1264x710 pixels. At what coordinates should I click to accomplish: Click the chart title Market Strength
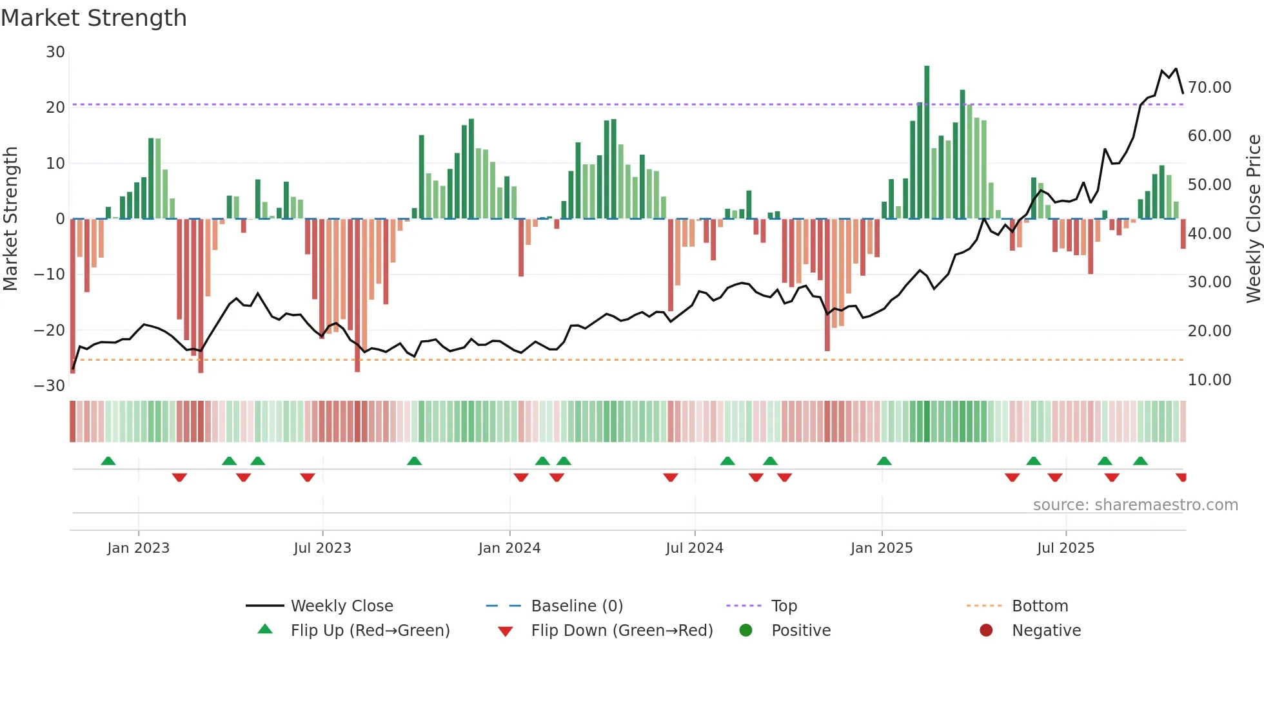click(x=94, y=18)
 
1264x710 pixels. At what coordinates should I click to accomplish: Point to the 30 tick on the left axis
click(x=55, y=52)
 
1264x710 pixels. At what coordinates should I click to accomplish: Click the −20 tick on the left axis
click(x=50, y=331)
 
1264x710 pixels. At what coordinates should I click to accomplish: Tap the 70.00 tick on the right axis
click(x=1209, y=87)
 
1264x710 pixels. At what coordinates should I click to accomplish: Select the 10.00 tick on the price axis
click(x=1209, y=379)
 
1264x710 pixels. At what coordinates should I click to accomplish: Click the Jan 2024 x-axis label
click(x=509, y=548)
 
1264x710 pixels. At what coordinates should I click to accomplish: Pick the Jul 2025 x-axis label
click(x=1065, y=548)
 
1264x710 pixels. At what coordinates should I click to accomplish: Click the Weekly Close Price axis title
click(x=1253, y=218)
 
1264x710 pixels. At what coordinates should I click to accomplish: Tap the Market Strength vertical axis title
click(x=10, y=218)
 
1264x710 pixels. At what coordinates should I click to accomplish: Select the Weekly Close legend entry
click(x=341, y=606)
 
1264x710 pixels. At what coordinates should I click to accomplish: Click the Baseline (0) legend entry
click(x=577, y=606)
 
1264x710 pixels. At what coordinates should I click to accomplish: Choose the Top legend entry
click(x=784, y=606)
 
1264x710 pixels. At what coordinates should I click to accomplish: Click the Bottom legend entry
click(x=1040, y=606)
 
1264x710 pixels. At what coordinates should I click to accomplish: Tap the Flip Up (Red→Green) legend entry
click(x=370, y=631)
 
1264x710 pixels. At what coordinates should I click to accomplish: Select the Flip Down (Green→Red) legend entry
click(x=622, y=631)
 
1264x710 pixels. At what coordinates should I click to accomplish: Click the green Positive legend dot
click(x=746, y=631)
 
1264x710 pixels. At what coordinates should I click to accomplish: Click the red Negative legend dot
click(x=986, y=631)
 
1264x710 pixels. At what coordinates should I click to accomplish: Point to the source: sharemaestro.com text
click(x=1135, y=505)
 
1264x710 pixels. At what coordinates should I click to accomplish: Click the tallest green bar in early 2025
click(x=927, y=142)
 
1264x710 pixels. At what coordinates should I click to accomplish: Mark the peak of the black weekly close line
click(x=1176, y=68)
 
